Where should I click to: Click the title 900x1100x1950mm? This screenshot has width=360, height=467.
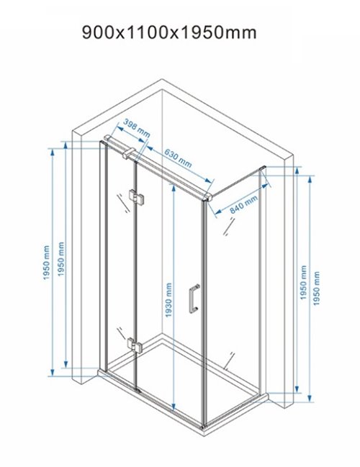point(169,32)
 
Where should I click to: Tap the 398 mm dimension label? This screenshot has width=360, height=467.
point(137,128)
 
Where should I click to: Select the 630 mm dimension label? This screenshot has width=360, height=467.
point(178,158)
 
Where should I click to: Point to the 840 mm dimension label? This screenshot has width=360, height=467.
point(243,204)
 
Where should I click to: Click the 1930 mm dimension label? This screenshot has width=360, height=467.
point(168,299)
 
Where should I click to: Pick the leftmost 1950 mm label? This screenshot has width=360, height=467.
point(46,263)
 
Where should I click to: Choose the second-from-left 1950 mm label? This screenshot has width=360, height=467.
point(60,259)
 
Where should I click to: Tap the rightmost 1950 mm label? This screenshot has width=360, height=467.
point(316,289)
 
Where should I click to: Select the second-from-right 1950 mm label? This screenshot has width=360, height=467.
point(303,282)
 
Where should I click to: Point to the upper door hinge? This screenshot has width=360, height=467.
point(137,197)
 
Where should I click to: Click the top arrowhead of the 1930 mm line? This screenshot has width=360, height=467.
point(174,188)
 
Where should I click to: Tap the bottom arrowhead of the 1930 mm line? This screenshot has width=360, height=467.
point(174,407)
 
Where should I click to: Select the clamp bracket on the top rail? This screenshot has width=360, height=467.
point(129,153)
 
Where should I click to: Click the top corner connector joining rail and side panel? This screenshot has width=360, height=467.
point(207,197)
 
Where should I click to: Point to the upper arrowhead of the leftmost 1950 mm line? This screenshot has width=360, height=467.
point(53,153)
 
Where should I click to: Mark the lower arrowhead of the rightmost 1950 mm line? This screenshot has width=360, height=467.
point(310,398)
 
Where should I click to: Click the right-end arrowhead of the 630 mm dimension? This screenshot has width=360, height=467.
point(210,181)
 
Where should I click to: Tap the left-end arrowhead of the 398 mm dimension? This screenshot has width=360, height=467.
point(120,128)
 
